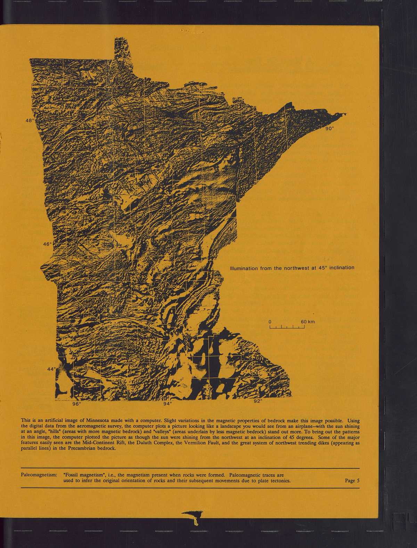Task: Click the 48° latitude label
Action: (x=30, y=121)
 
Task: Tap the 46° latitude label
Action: (x=47, y=244)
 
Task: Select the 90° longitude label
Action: (x=329, y=128)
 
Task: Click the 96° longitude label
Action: (x=76, y=404)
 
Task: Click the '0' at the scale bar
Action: (x=270, y=322)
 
